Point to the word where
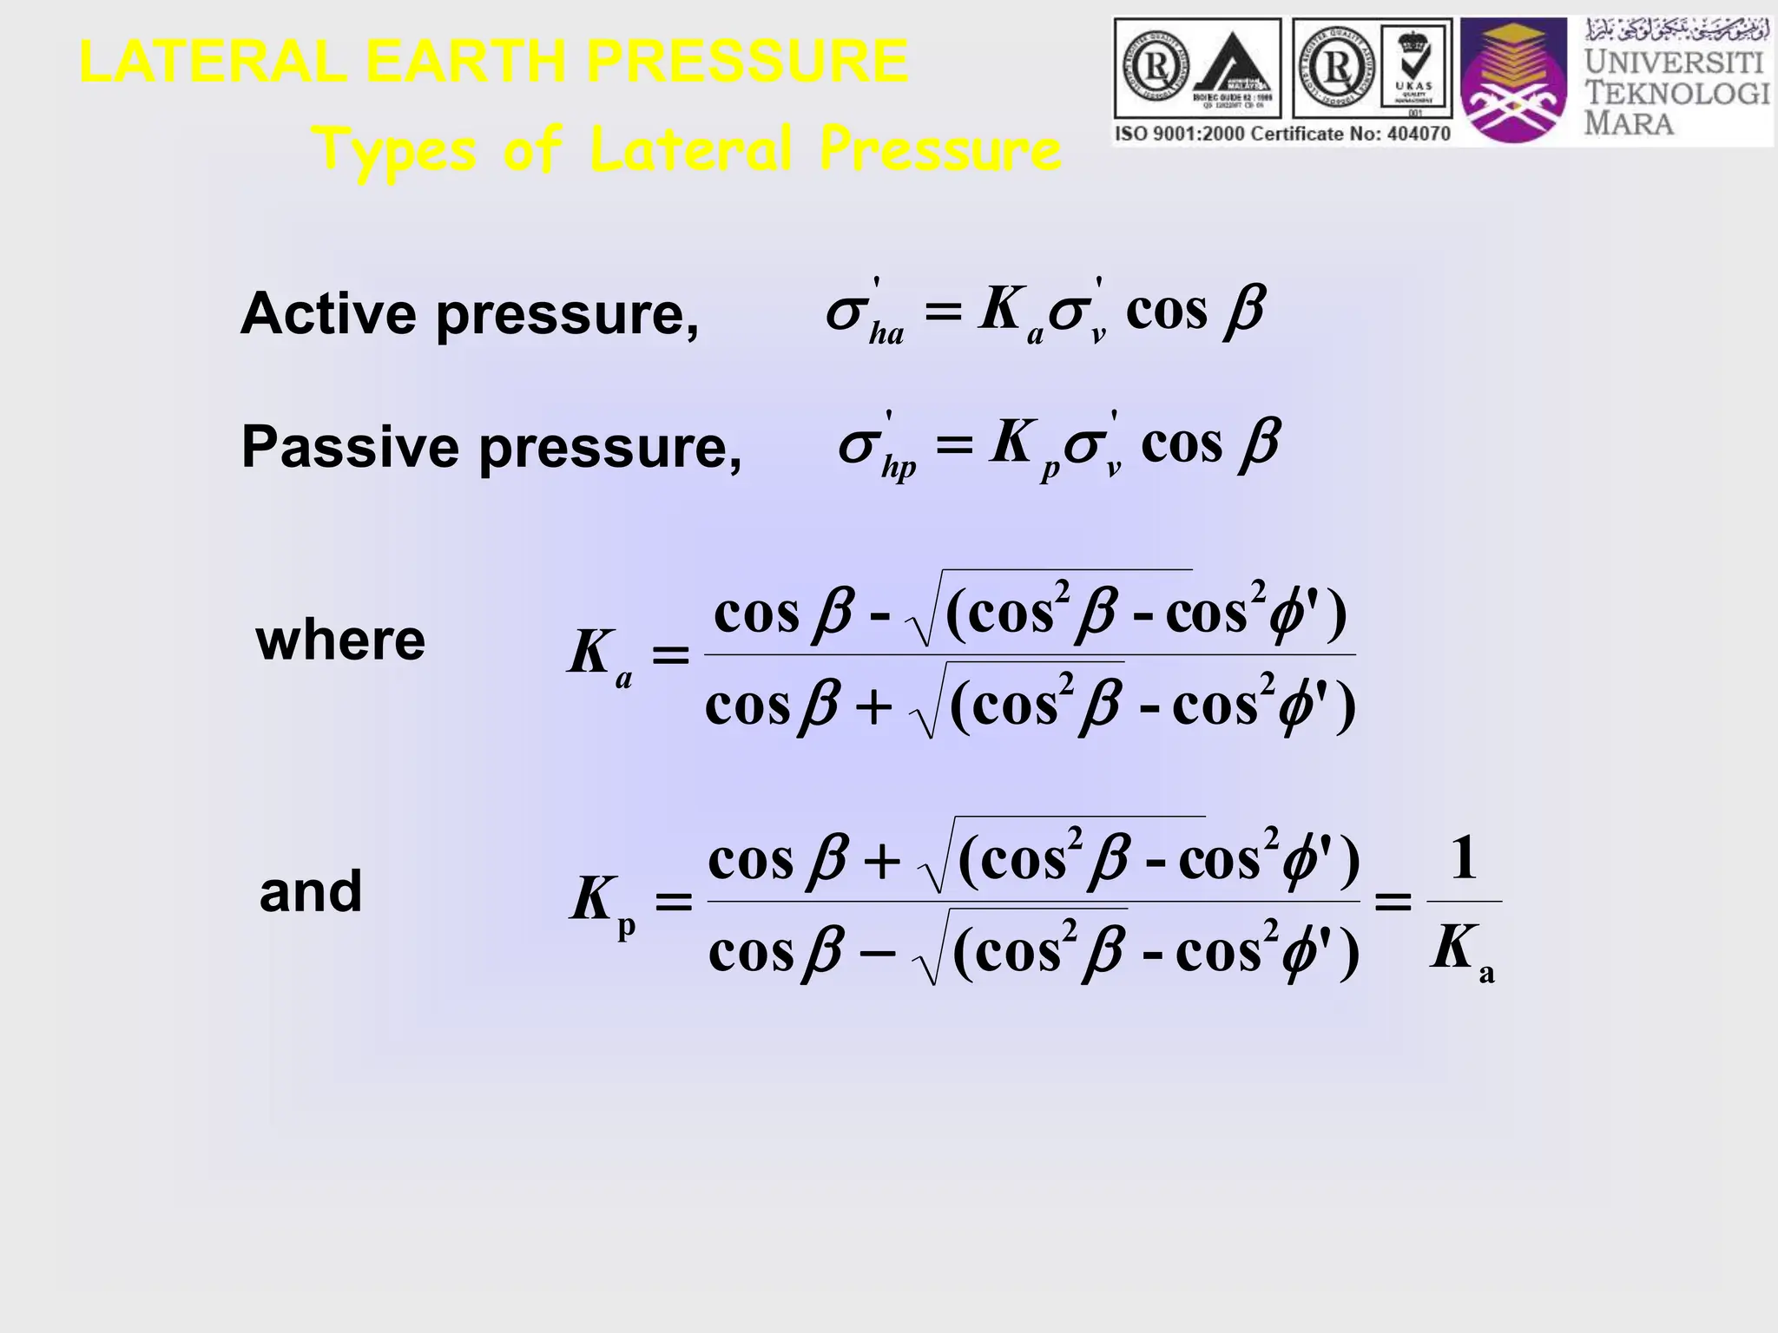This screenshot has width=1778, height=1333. pyautogui.click(x=340, y=640)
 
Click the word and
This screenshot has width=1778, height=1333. pyautogui.click(x=311, y=891)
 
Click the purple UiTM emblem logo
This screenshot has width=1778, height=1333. pyautogui.click(x=1514, y=82)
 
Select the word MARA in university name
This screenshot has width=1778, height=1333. pyautogui.click(x=1629, y=122)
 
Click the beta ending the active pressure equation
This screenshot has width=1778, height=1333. pyautogui.click(x=1244, y=310)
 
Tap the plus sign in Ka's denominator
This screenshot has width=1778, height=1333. pyautogui.click(x=873, y=707)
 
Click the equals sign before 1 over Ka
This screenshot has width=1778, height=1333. pyautogui.click(x=1393, y=903)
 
